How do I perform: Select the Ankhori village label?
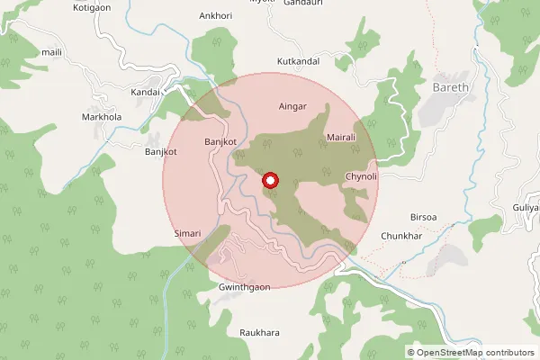click(216, 15)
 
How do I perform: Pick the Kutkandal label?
click(299, 61)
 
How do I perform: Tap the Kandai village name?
click(145, 93)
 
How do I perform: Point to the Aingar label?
click(293, 106)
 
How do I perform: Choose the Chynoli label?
click(361, 177)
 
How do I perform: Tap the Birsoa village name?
click(423, 218)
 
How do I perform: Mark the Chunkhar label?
click(401, 236)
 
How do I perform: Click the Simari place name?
click(187, 233)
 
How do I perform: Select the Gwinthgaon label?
click(245, 287)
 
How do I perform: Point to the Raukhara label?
click(259, 333)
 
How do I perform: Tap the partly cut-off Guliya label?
click(526, 208)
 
